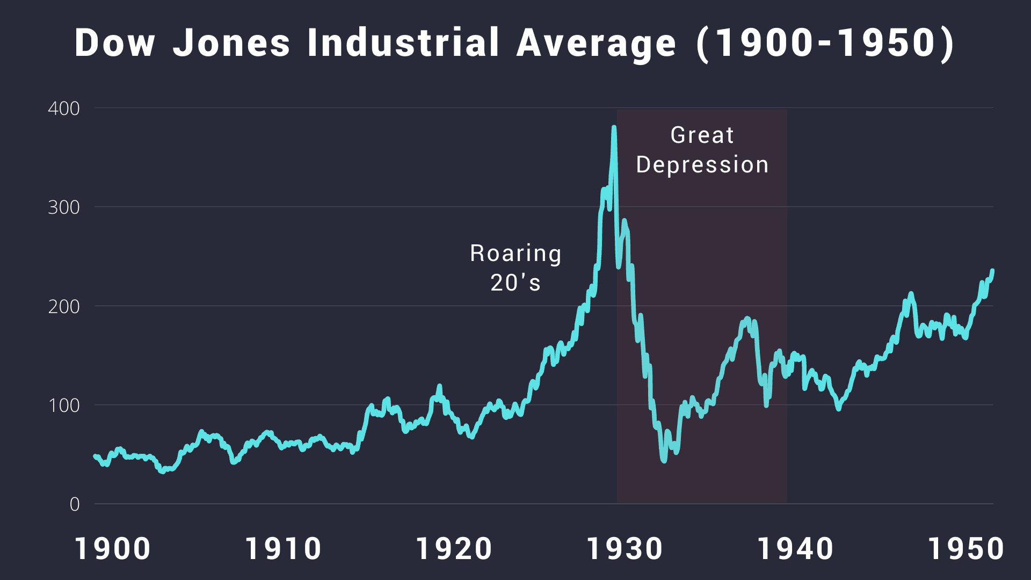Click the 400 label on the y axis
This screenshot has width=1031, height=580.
64,108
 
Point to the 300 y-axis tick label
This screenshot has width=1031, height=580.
64,207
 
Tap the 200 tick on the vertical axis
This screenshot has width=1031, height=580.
64,307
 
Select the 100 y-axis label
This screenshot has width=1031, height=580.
64,405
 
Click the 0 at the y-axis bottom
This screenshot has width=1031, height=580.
75,504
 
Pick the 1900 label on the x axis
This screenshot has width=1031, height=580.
113,549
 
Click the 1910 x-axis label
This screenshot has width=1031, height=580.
283,549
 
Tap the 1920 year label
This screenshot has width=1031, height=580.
454,549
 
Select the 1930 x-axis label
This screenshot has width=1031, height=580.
625,549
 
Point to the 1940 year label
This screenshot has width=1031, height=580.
795,549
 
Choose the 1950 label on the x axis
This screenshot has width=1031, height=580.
965,549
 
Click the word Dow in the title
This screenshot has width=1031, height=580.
115,43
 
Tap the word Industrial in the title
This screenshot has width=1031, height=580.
403,43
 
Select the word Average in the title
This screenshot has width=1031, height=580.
596,43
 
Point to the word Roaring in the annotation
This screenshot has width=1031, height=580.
515,253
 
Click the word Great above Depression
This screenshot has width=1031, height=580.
702,135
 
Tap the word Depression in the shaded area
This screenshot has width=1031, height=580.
702,165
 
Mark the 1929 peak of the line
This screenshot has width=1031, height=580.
614,128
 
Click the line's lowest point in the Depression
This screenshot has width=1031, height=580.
664,460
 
